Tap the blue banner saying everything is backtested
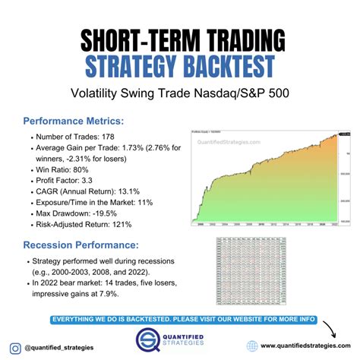180,320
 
